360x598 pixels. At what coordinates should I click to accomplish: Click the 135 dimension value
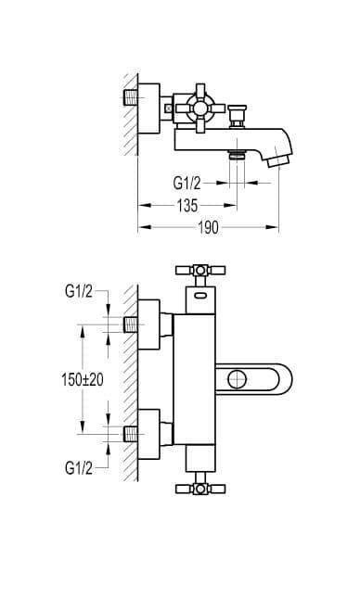pos(187,206)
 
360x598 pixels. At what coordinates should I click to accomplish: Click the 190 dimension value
pos(209,228)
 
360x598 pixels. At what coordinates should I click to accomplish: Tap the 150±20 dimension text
pos(83,379)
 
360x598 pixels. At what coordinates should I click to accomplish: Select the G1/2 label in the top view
pos(186,183)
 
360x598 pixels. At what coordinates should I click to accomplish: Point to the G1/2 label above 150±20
pos(79,292)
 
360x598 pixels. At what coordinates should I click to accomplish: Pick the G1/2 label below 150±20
pos(79,467)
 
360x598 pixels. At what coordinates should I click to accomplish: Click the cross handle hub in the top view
pos(200,108)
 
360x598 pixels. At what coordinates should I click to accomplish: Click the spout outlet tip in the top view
pos(279,160)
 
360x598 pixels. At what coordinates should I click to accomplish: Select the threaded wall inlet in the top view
pos(131,98)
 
